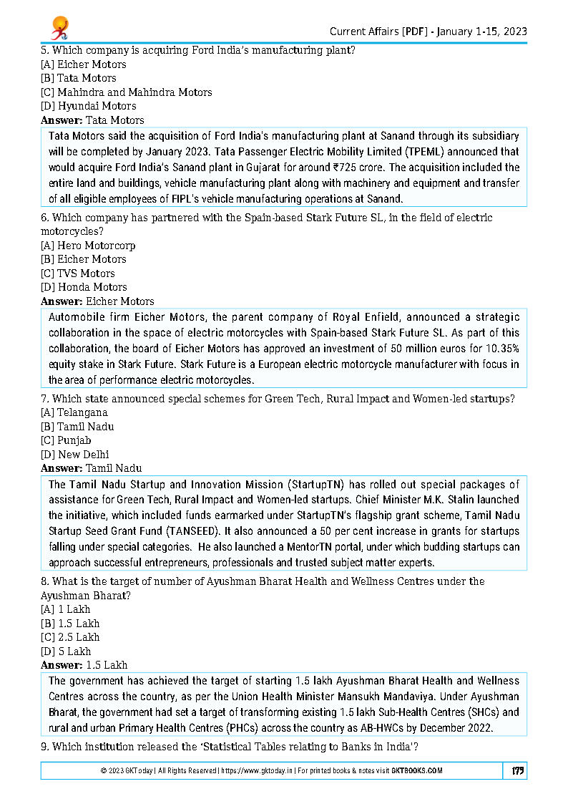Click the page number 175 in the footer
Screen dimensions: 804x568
click(518, 770)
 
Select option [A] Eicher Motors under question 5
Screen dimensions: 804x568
click(84, 64)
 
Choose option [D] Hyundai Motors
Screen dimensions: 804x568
click(88, 106)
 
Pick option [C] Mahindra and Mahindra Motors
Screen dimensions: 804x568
click(127, 92)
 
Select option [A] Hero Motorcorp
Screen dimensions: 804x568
click(88, 246)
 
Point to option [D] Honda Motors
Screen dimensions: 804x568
click(84, 287)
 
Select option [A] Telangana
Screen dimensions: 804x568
click(74, 412)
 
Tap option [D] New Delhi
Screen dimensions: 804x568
click(74, 454)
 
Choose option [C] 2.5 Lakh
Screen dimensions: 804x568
click(70, 636)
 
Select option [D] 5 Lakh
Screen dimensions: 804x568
click(66, 651)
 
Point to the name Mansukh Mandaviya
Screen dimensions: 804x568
click(461, 696)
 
